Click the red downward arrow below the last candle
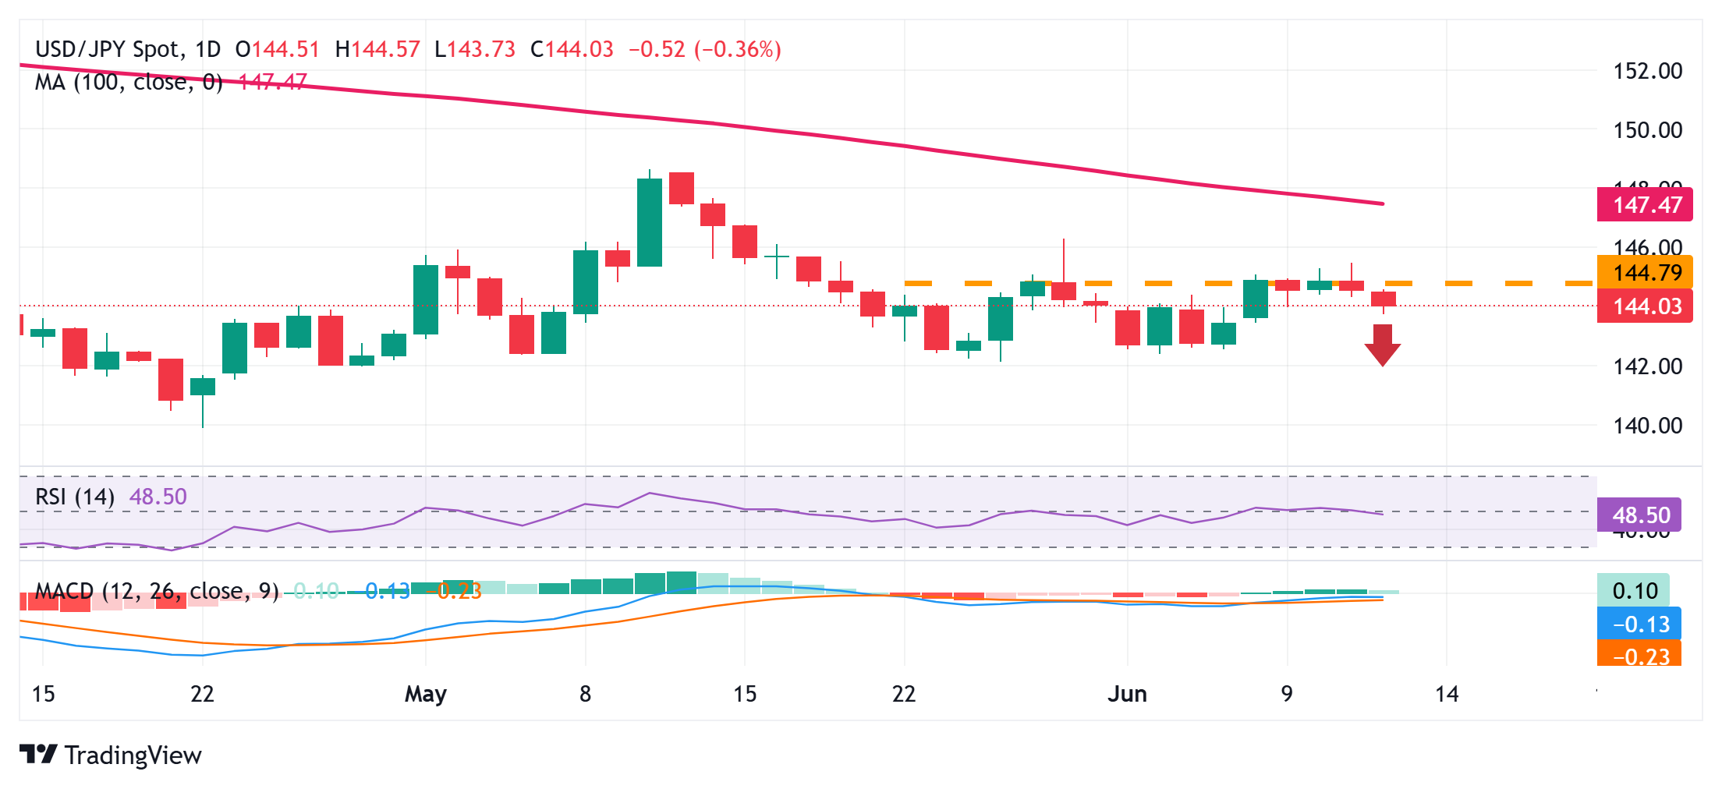1382,345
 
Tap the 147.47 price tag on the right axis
1646,205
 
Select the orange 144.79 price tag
1646,272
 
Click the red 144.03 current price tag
1646,306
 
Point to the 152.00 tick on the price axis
1647,71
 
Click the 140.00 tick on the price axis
1647,426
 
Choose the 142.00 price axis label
1647,366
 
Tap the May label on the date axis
426,694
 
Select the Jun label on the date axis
1127,694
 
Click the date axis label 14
1447,694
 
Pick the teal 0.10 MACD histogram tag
1634,591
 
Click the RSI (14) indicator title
75,497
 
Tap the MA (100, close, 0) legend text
129,82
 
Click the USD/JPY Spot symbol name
108,50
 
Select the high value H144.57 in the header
377,50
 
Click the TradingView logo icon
37,755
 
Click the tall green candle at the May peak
650,222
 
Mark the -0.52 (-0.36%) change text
705,50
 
